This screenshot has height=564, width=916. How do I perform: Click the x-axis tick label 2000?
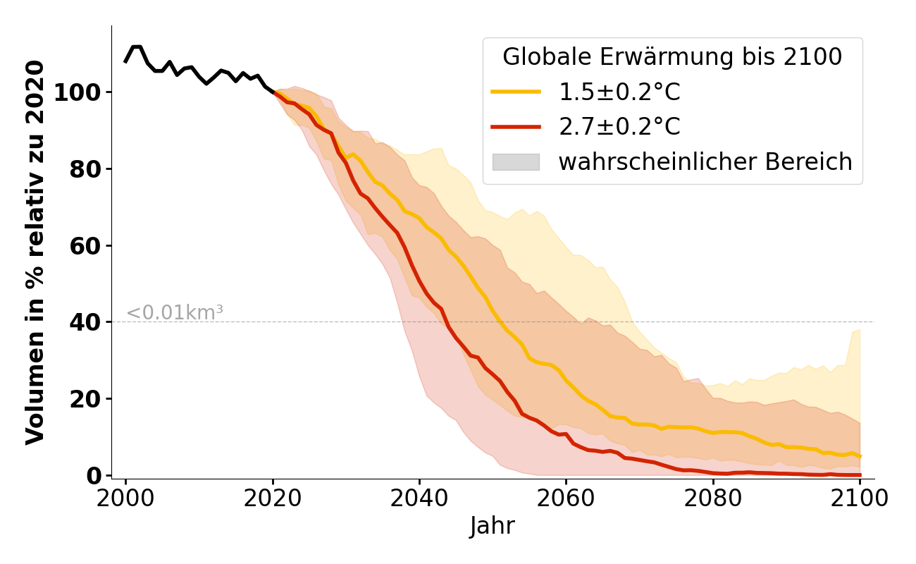coord(125,498)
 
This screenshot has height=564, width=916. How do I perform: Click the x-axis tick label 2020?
coord(272,498)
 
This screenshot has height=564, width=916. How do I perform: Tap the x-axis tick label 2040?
coord(419,498)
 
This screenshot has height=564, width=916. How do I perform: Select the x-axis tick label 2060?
coord(566,498)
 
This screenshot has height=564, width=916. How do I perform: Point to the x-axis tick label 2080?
coord(712,498)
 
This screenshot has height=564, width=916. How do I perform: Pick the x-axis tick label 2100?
coord(859,498)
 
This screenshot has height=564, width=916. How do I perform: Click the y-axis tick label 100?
coord(76,92)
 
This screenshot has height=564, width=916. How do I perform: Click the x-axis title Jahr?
coord(493,526)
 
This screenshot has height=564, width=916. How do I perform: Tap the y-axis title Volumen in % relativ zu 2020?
coord(35,252)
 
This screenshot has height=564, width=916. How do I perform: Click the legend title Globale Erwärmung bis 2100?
coord(672,57)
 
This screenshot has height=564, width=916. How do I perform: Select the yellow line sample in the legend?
coord(516,92)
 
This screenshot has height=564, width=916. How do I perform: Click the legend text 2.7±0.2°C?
coord(619,127)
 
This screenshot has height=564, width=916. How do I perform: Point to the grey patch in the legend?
coord(516,162)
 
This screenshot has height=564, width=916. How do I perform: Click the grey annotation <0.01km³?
coord(175,313)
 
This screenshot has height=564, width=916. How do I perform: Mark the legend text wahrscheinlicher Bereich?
coord(705,162)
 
